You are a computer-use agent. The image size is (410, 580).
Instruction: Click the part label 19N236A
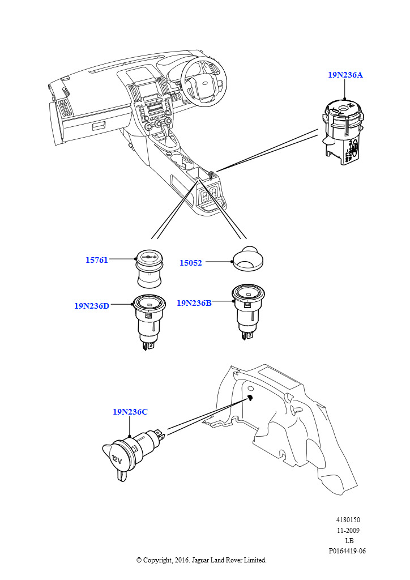click(x=345, y=75)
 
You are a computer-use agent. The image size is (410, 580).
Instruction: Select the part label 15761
click(x=97, y=260)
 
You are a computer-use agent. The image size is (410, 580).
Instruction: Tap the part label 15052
click(x=191, y=263)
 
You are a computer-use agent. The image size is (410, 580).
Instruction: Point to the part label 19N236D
click(x=91, y=306)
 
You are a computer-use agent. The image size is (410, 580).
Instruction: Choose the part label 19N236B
click(x=194, y=303)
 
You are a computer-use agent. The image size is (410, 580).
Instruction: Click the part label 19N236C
click(x=130, y=412)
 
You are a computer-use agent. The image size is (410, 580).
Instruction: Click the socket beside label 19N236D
click(x=148, y=320)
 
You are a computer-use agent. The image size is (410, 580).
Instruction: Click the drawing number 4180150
click(x=348, y=520)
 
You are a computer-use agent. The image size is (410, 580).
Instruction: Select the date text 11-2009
click(x=348, y=531)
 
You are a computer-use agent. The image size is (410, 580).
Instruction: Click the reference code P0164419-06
click(x=347, y=551)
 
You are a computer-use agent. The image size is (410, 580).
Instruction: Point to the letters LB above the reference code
click(x=349, y=541)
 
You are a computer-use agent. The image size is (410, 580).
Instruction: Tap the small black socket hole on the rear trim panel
click(x=250, y=398)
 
